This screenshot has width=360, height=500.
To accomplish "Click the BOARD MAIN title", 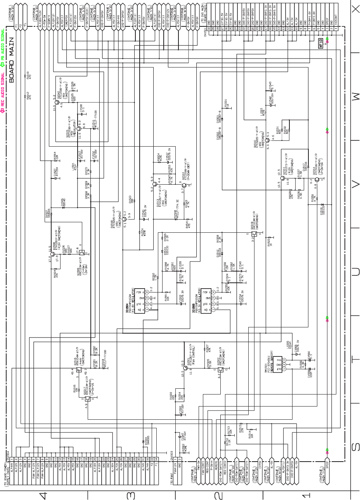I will [x=11, y=60].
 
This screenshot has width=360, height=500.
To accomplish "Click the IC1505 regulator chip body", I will [x=206, y=300].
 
